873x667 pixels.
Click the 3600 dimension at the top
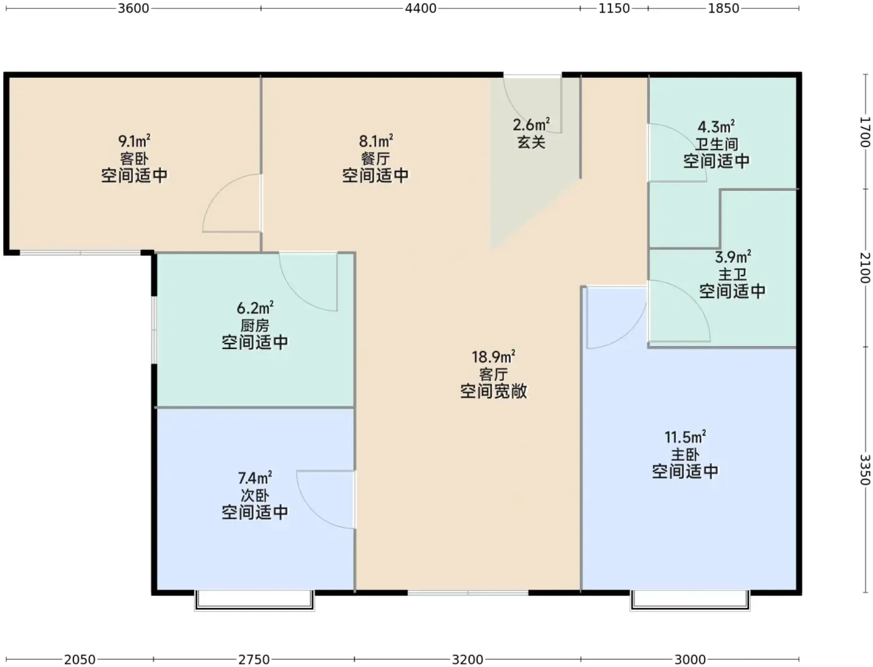[133, 8]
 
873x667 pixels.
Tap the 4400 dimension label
[421, 8]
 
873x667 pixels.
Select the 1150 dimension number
[614, 8]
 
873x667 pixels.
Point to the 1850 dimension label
[723, 8]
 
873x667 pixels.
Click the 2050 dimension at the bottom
[80, 660]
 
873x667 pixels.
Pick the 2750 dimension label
[254, 660]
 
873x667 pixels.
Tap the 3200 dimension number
[467, 660]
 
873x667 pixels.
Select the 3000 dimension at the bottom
[690, 660]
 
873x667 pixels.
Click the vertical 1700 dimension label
[865, 132]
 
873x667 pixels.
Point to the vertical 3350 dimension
[865, 470]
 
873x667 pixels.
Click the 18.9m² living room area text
[493, 357]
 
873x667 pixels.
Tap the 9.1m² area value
[134, 140]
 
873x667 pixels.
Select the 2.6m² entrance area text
[531, 125]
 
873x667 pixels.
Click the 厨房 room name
[254, 325]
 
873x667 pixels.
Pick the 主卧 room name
[685, 454]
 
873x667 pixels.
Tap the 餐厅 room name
[375, 158]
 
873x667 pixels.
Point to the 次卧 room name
[254, 496]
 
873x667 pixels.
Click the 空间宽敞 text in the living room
[493, 391]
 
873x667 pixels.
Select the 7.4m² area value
[254, 477]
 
